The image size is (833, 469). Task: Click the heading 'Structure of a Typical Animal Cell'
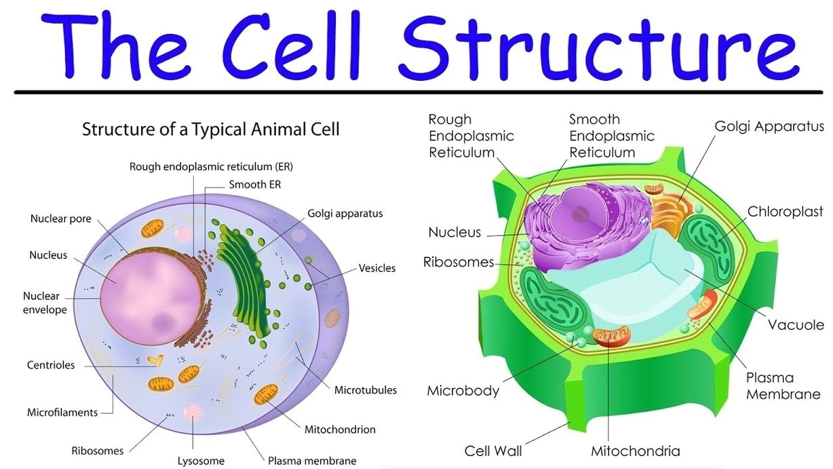click(211, 128)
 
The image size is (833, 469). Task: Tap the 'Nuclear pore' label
click(60, 219)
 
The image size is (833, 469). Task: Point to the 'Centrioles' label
click(51, 365)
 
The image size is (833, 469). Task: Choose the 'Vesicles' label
click(376, 268)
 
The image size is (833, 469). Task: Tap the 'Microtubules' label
click(366, 390)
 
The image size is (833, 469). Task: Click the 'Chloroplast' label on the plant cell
click(785, 212)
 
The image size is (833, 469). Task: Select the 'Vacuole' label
click(796, 324)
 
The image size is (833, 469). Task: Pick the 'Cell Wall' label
click(493, 451)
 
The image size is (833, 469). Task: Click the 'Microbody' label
click(463, 391)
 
